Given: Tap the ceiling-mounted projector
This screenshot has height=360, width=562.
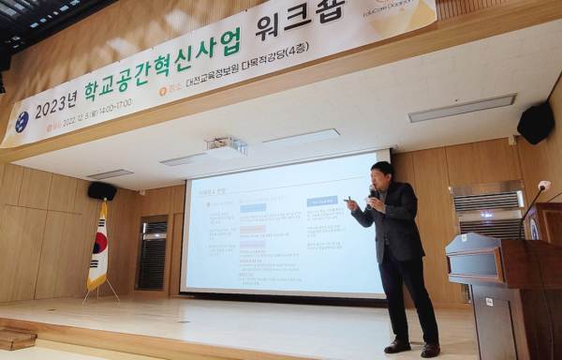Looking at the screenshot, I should [x=225, y=146].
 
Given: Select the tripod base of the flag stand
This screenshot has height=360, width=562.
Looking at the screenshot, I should [x=100, y=292].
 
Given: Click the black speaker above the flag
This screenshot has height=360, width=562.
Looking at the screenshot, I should [x=102, y=190].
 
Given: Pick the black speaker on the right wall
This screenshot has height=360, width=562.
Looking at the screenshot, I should [x=535, y=122].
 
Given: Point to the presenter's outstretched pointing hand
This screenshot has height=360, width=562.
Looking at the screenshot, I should [x=350, y=202].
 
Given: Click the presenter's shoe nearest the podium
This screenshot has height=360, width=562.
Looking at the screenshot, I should [x=430, y=350].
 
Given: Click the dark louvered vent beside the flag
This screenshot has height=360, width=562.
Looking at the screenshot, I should [x=152, y=253].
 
